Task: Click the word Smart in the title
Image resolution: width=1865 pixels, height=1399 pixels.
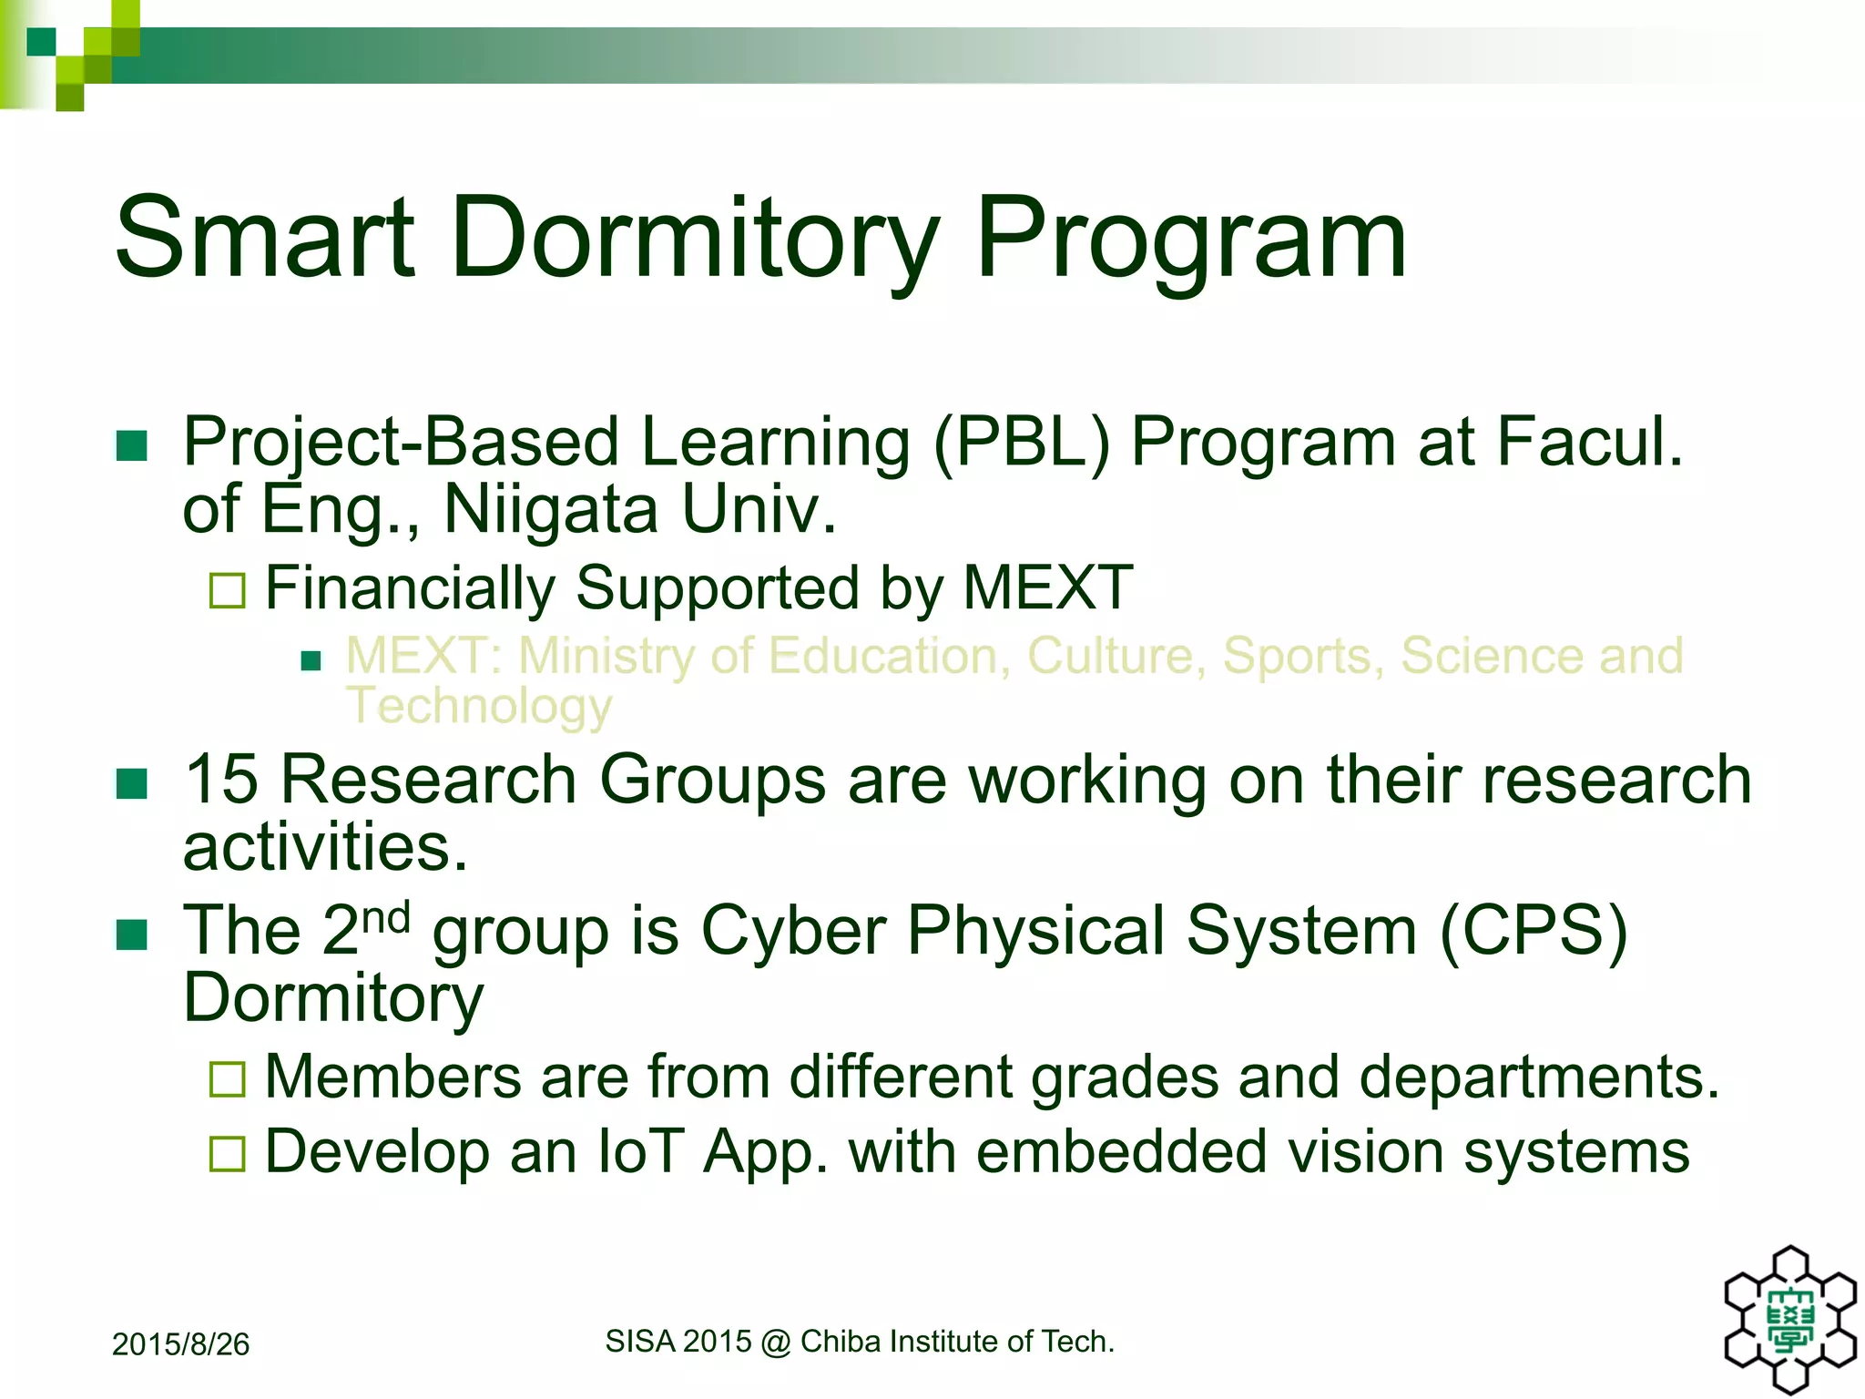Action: tap(264, 239)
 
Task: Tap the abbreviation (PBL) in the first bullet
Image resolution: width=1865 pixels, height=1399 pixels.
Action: tap(1021, 443)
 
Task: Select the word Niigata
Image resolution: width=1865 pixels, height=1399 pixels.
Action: tap(550, 509)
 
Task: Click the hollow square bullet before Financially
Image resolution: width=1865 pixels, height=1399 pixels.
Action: tap(227, 590)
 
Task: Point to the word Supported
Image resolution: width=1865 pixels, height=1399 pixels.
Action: tap(718, 589)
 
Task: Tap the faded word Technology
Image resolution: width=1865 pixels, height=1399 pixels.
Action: tap(479, 707)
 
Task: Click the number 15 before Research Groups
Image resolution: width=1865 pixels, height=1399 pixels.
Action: tap(221, 781)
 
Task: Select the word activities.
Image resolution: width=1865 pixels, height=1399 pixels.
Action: tap(325, 848)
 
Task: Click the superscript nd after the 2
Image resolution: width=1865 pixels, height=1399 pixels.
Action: tap(386, 917)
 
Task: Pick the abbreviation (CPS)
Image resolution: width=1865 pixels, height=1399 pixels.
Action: tap(1534, 932)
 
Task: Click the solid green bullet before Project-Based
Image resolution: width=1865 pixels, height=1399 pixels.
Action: tap(132, 446)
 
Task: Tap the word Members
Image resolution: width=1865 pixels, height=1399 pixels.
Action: tap(393, 1077)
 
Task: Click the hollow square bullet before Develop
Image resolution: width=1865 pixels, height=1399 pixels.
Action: tap(227, 1154)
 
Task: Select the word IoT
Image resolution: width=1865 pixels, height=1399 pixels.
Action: tap(640, 1152)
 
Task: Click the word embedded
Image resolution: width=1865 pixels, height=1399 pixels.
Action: tap(1121, 1152)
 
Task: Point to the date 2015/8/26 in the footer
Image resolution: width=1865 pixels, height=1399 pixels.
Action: tap(180, 1344)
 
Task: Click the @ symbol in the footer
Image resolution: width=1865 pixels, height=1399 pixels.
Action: tap(775, 1343)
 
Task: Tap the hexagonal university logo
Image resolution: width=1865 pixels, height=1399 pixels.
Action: tap(1790, 1320)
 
